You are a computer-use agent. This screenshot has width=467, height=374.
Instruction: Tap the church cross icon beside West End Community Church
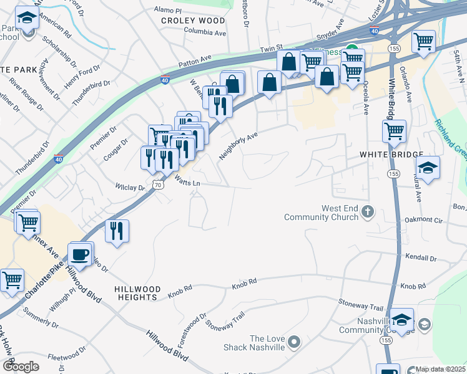[368, 212]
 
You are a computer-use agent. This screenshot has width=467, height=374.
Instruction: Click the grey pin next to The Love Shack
[296, 342]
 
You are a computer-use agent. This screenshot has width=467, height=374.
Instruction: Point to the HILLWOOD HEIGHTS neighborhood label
[137, 294]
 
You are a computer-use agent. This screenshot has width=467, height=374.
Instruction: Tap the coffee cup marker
[80, 254]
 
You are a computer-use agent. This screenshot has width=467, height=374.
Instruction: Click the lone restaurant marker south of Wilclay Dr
[117, 231]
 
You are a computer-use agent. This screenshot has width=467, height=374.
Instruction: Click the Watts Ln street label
[187, 183]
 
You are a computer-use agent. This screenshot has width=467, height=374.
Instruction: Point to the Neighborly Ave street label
[238, 146]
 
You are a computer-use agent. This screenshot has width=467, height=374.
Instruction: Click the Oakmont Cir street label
[424, 220]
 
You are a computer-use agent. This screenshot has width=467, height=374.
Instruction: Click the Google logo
[21, 366]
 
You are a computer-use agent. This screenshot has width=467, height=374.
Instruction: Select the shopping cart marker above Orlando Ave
[424, 41]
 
